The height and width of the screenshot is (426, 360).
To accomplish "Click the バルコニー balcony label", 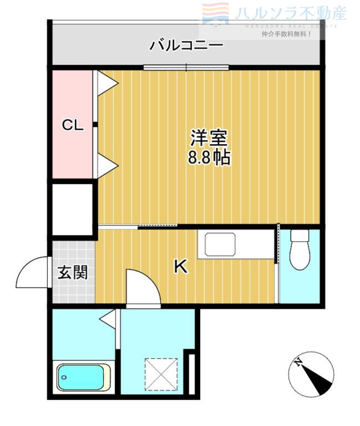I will click(186, 45).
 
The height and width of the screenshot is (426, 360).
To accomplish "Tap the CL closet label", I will click(72, 126).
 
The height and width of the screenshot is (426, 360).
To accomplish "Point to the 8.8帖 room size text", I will click(209, 159).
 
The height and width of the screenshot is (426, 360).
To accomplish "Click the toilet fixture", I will click(300, 249).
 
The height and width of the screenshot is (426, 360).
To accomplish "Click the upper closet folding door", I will click(107, 83).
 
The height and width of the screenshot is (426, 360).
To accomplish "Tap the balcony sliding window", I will click(186, 68).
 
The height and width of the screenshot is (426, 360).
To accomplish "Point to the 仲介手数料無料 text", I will click(286, 34).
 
